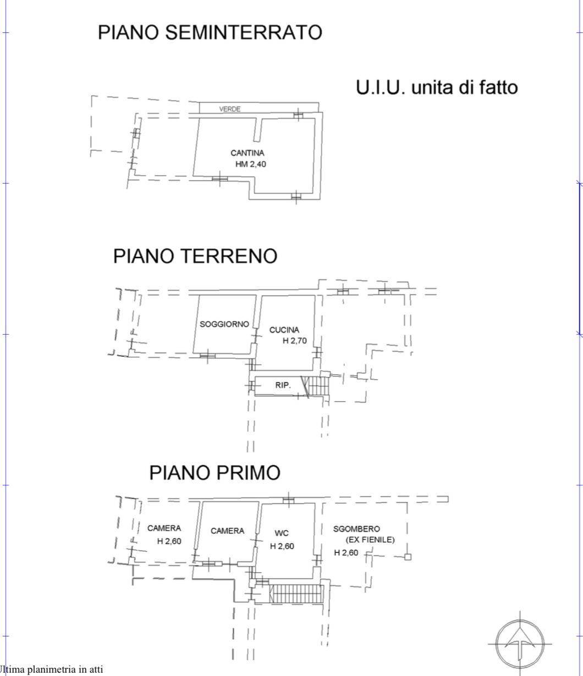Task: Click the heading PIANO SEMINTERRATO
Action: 210,32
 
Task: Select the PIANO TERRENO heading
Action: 195,256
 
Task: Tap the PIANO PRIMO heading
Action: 215,473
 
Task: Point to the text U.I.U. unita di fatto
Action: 437,87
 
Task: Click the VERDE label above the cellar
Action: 229,109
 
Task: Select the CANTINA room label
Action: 247,153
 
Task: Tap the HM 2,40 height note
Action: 250,164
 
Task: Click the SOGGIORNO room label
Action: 224,325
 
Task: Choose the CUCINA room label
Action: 284,330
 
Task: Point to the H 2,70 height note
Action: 295,341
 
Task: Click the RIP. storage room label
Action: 283,385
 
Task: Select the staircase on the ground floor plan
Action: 317,385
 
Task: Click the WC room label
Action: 282,533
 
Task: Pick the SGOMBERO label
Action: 356,529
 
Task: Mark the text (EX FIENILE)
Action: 370,540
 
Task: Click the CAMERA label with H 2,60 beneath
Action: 164,529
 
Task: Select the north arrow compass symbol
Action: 520,643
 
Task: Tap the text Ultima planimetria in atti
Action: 52,669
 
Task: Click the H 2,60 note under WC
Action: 282,546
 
